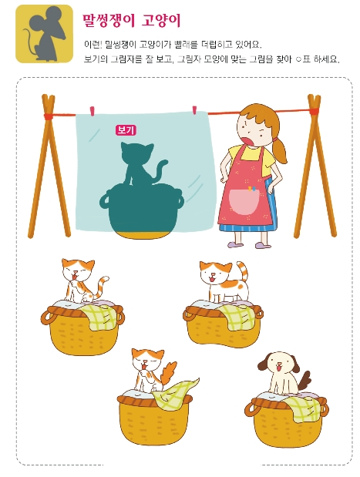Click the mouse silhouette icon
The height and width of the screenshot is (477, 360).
coord(45,33)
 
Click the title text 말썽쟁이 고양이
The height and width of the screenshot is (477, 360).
coord(132,21)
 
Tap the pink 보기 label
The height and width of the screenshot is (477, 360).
coord(126,130)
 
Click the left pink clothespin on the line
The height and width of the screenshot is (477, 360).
coord(92,111)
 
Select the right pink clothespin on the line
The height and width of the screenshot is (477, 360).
coord(195,110)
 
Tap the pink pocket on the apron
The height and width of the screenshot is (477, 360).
coord(244,201)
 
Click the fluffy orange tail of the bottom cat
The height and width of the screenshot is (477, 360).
coord(169,373)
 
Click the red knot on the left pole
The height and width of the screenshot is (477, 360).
coord(49,116)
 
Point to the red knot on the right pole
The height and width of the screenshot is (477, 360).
coord(314,111)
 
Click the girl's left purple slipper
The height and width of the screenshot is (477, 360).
coord(235,244)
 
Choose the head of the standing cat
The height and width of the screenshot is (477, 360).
coord(215,271)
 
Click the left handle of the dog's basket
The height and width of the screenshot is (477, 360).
coord(251,408)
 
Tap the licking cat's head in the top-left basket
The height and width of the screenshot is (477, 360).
coord(77,270)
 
